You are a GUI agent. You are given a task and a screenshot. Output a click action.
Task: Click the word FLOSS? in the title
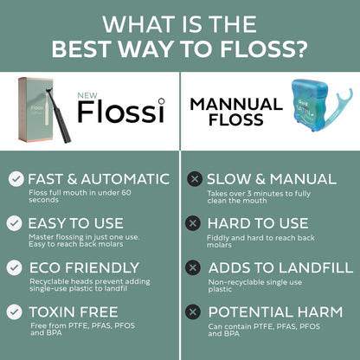(264, 48)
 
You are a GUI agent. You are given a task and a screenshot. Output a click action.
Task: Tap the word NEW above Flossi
(87, 96)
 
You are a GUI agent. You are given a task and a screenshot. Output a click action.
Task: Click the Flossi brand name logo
(121, 111)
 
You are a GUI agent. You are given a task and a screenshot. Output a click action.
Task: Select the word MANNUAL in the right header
(236, 104)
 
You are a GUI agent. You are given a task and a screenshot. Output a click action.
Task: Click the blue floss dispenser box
(309, 105)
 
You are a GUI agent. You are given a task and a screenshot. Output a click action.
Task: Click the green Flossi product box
(35, 110)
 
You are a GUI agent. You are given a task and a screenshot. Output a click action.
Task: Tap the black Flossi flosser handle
(57, 115)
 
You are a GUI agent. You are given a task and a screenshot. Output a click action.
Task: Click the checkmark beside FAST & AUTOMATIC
(16, 179)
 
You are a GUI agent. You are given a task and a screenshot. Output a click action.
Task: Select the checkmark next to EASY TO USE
(15, 223)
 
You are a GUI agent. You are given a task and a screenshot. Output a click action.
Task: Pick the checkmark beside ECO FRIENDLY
(14, 267)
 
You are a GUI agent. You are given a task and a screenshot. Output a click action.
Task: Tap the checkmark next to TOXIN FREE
(14, 312)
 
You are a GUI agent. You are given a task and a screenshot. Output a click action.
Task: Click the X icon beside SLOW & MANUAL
(195, 179)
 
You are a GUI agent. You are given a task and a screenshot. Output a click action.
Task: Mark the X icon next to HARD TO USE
(193, 223)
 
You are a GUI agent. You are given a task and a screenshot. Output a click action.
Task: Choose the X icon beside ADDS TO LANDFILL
(193, 267)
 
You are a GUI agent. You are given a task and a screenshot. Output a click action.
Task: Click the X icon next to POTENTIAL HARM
(193, 312)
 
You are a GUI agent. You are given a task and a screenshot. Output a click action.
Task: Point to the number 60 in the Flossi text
(125, 192)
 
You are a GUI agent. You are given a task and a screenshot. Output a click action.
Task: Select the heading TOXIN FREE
(74, 312)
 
